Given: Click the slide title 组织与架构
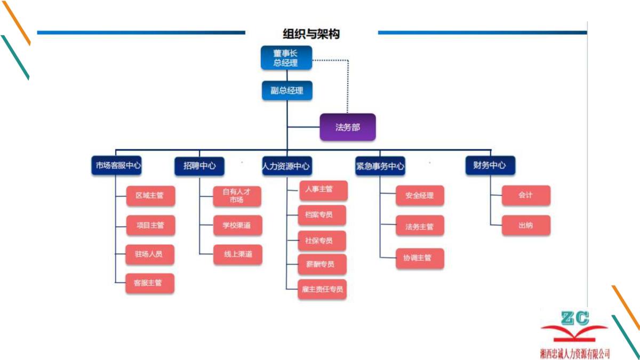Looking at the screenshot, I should (311, 34).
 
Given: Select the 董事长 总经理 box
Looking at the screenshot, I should (286, 58).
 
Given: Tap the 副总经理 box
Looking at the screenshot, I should (287, 91).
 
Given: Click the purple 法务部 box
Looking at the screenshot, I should (348, 127).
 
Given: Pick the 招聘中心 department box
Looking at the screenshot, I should (199, 166).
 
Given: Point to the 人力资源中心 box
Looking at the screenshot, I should (286, 166).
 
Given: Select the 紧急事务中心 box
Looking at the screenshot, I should (380, 166).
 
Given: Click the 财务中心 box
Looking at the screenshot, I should (490, 165).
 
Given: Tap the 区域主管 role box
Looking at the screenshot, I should (150, 196).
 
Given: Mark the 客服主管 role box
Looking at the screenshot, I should (150, 283).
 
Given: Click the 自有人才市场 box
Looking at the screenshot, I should (237, 196).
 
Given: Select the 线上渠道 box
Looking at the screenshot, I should (237, 254).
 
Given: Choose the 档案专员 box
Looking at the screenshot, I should (322, 215).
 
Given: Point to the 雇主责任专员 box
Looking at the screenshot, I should (322, 290).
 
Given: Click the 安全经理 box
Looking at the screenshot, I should (420, 196).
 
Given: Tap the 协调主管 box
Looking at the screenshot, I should (420, 259).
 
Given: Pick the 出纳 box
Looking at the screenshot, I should (525, 226).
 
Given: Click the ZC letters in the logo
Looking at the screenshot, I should (575, 318).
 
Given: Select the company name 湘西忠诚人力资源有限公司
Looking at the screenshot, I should (574, 353).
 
